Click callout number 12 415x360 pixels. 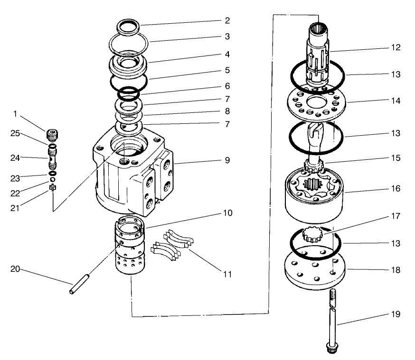(x=396, y=47)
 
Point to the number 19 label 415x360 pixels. (x=396, y=314)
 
